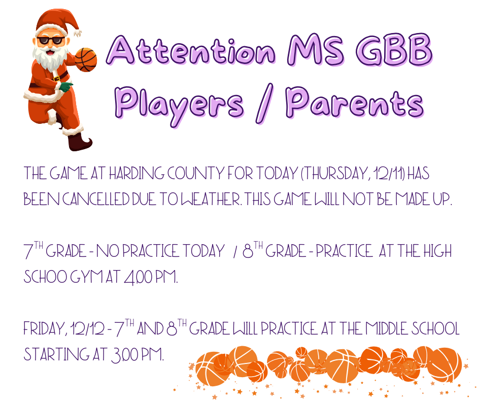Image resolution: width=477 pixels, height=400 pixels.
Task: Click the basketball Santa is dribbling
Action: point(86,59)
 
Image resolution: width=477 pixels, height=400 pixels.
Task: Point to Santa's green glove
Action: point(65,87)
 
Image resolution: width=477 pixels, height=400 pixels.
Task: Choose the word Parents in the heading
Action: point(354,103)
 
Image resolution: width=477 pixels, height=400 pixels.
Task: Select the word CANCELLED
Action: point(95,199)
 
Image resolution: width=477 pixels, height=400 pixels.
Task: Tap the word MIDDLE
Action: point(390,329)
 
